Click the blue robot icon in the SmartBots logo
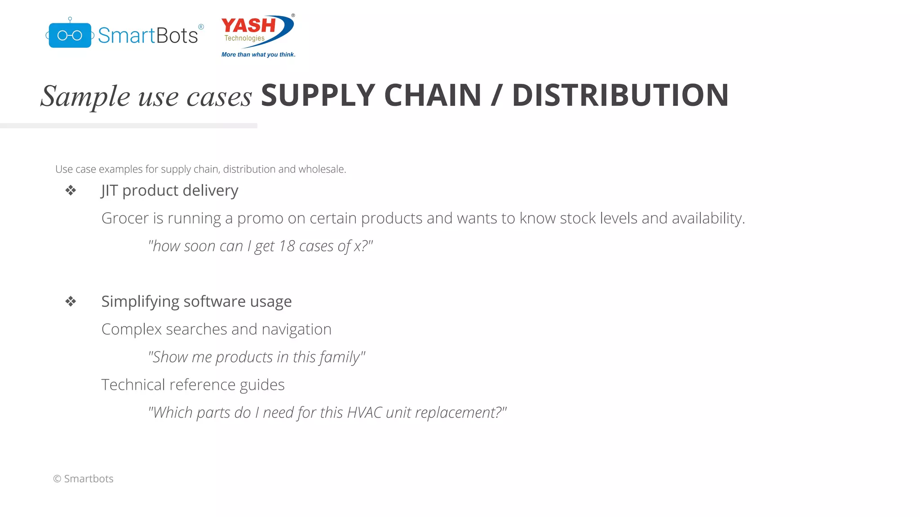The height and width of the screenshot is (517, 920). [x=70, y=35]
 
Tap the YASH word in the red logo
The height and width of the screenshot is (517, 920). [x=248, y=25]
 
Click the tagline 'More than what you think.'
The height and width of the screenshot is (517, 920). [x=258, y=55]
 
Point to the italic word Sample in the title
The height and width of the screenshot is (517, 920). [x=85, y=96]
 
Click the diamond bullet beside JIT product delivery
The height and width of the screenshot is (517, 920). [x=71, y=191]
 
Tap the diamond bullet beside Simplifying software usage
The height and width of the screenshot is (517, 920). [x=71, y=302]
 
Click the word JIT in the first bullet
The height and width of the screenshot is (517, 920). [x=109, y=191]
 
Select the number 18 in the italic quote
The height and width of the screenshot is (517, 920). [x=287, y=246]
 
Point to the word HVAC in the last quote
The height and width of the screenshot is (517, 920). [x=364, y=412]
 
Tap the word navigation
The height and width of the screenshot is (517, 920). [x=296, y=329]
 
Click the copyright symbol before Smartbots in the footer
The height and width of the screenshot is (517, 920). [x=57, y=479]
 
